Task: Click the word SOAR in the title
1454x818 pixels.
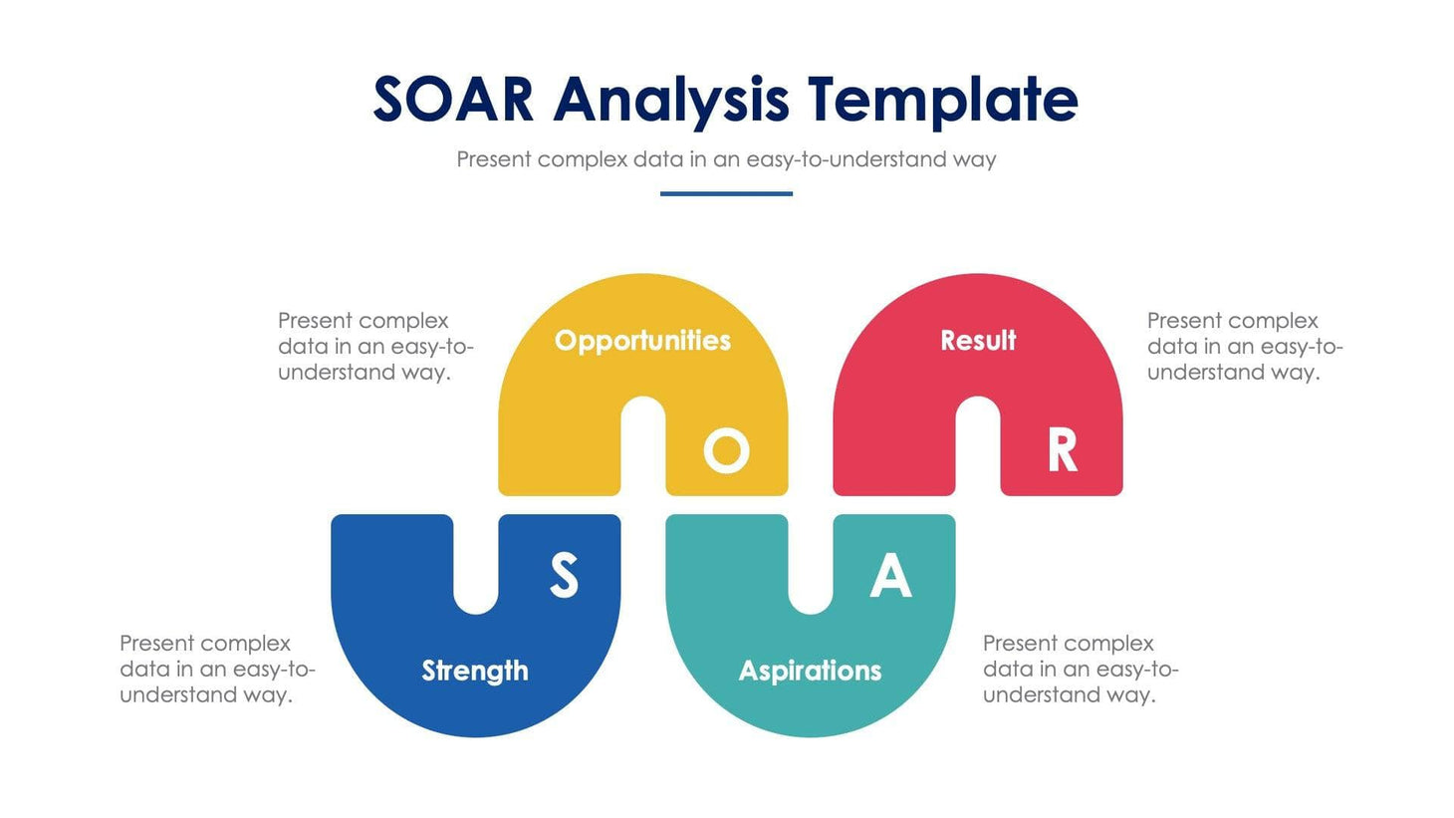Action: click(x=453, y=100)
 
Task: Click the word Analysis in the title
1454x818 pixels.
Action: click(x=671, y=100)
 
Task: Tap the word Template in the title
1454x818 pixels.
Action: click(x=942, y=100)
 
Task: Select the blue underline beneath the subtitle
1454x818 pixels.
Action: click(x=726, y=193)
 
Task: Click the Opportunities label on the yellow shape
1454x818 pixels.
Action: click(x=642, y=341)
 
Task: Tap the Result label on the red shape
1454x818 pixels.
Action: click(x=978, y=341)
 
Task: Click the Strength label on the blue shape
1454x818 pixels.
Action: click(x=475, y=671)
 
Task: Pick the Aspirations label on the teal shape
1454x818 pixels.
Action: click(x=810, y=671)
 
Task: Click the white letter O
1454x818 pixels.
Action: click(x=726, y=451)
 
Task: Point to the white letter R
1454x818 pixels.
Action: click(x=1062, y=451)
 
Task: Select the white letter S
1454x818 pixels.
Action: click(x=564, y=575)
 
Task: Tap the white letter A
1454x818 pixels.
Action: click(x=890, y=575)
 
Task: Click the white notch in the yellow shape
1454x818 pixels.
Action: click(x=643, y=448)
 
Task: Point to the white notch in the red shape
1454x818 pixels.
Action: click(x=978, y=448)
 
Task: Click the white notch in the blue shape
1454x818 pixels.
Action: click(x=476, y=563)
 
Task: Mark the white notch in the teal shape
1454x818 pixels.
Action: click(x=811, y=563)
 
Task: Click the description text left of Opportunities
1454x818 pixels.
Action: click(x=375, y=346)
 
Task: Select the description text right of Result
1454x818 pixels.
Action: click(x=1244, y=346)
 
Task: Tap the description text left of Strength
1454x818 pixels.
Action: click(x=217, y=669)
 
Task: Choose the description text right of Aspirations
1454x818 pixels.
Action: click(x=1081, y=669)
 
